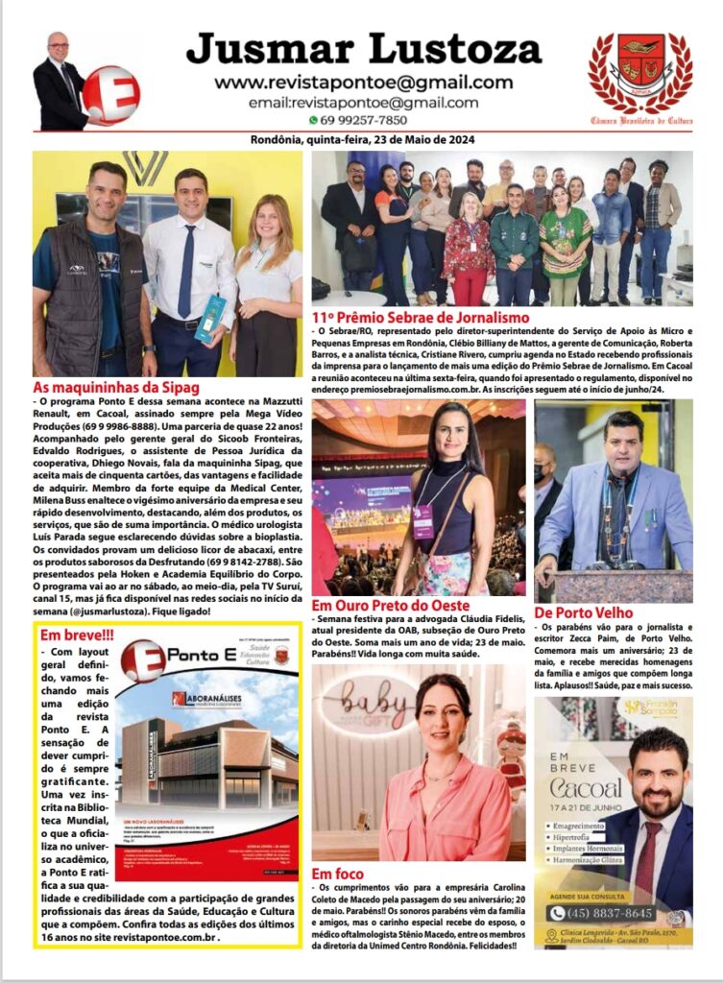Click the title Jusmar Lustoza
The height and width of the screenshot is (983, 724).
363,49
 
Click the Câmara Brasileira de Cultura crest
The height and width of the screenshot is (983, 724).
640,71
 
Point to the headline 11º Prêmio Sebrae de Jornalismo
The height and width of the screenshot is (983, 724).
421,317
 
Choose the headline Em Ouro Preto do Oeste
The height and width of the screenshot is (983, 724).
391,606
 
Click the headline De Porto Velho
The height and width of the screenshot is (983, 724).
583,611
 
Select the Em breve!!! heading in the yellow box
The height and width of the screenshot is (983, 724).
77,635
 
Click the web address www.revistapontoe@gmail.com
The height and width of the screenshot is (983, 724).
363,83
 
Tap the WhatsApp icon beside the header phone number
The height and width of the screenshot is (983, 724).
313,120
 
